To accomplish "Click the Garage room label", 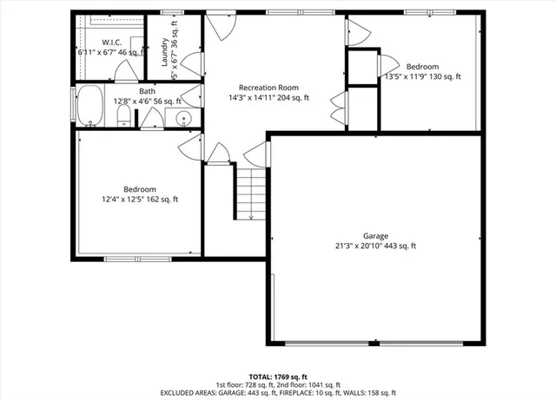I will pos(375,235).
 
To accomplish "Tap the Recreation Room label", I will pos(268,88).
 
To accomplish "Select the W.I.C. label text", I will pos(111,42).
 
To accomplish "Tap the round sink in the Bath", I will pos(183,119).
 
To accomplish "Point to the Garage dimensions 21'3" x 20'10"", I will pos(375,246).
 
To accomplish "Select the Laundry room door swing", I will pos(190,63).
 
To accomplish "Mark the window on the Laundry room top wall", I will pos(170,13).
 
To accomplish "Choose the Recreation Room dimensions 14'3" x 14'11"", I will pos(268,98).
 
